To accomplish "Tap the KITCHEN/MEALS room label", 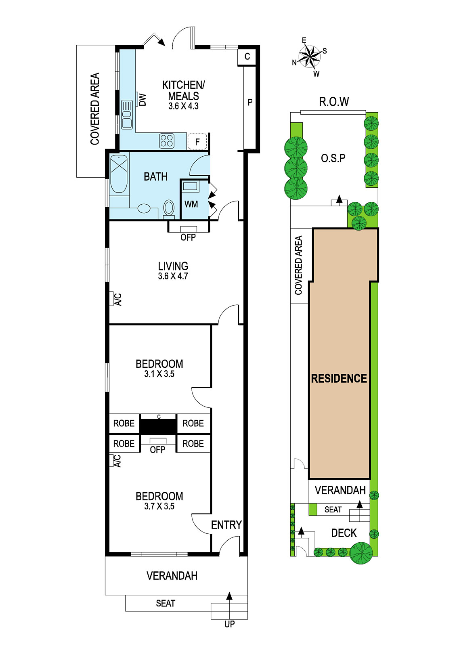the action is pos(183,90).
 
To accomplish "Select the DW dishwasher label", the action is pos(143,100).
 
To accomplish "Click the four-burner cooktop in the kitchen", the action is pos(167,141).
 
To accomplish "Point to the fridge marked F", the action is pos(197,142).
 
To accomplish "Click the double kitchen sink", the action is pos(127,114).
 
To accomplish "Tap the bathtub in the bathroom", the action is pos(119,174).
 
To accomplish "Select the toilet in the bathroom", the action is pos(169,208).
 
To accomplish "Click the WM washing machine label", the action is pos(191,204).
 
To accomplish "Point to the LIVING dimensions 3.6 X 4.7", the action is pos(173,276).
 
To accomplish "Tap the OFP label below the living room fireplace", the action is pos(188,237).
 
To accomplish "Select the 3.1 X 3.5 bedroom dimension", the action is pos(159,374).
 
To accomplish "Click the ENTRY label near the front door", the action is pos(226,525).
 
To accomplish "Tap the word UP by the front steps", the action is pos(229,624).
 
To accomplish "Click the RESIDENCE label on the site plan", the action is pos(339,378).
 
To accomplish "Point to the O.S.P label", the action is pos(333,158).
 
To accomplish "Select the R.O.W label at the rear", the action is pos(334,101).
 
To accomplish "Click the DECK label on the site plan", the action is pos(344,533).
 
